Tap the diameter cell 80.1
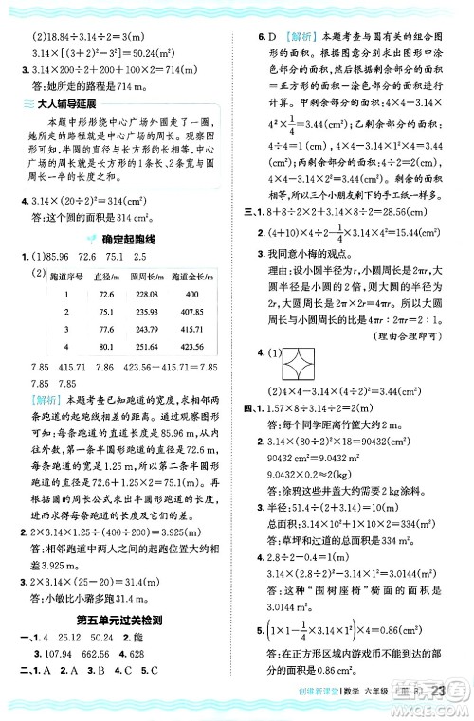pyautogui.click(x=107, y=348)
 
